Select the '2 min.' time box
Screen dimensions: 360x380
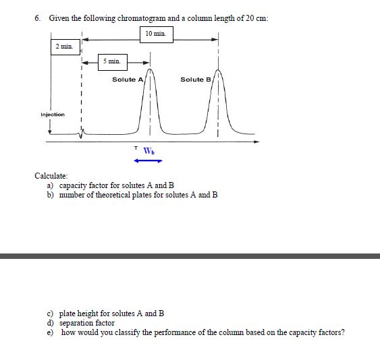pos(65,47)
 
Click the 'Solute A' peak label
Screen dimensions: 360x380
pos(128,80)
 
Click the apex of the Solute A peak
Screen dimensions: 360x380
pos(151,69)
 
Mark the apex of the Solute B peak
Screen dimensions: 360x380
pos(218,69)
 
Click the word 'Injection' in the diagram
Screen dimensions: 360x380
pos(53,115)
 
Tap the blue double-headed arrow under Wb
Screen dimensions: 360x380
pos(148,160)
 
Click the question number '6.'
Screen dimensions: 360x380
pos(38,17)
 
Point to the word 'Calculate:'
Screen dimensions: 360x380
pos(52,176)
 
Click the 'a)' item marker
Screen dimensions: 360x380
pos(50,185)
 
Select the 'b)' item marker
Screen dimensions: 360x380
pos(50,195)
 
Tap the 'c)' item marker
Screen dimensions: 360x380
pos(50,313)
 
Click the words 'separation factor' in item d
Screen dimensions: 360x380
pos(87,323)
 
